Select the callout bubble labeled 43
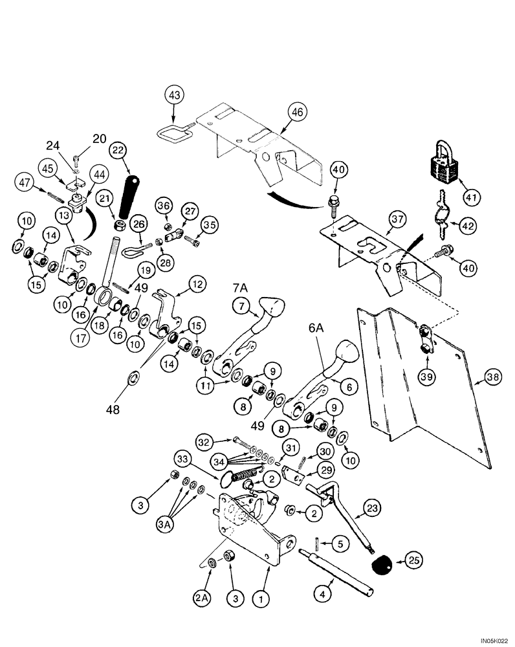174,96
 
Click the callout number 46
314,112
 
